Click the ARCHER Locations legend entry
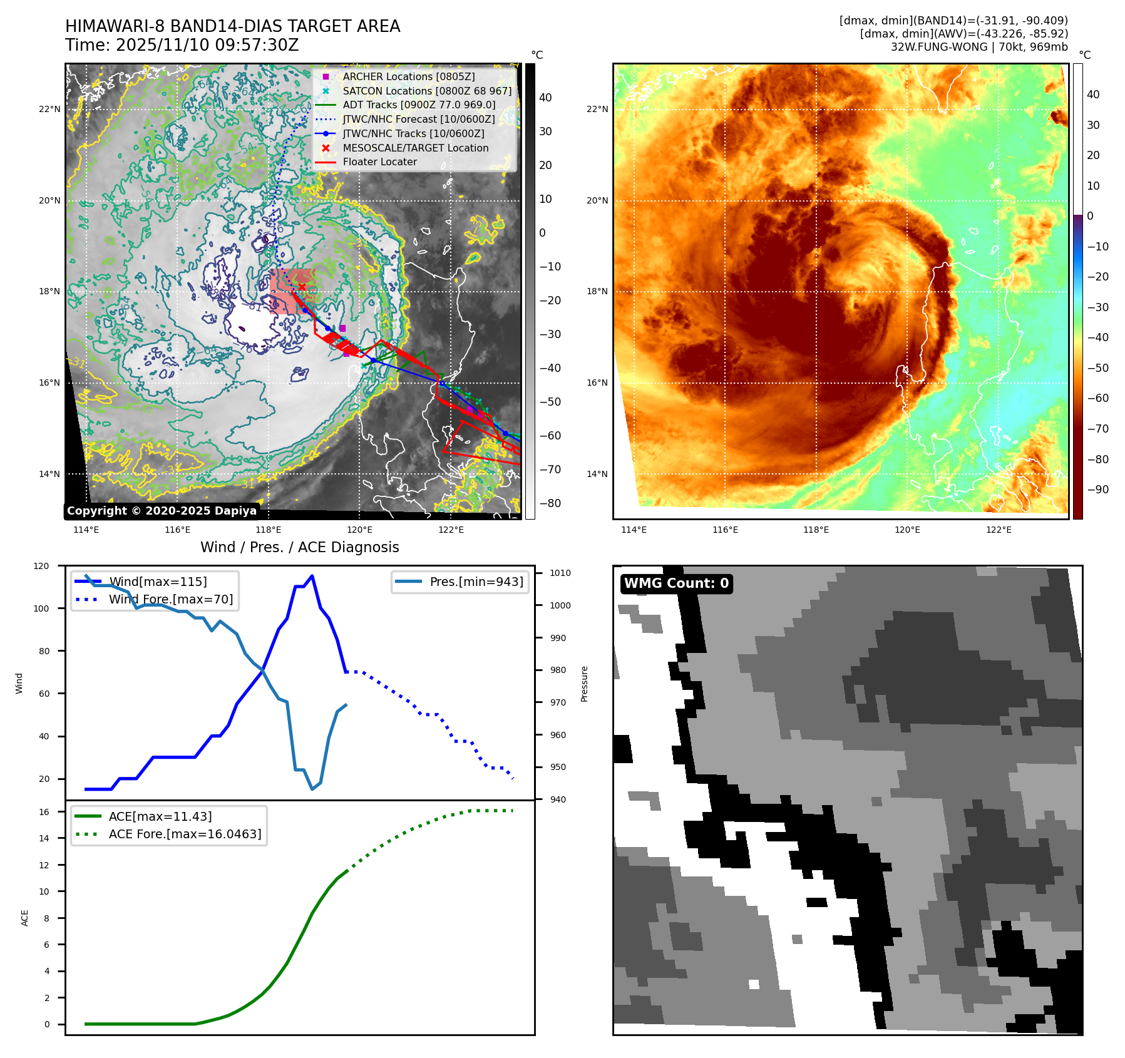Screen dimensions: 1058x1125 408,76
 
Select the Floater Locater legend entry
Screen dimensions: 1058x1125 379,162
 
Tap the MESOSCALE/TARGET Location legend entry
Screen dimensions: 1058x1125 415,148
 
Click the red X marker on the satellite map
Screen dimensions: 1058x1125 302,287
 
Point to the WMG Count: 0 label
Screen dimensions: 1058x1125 676,583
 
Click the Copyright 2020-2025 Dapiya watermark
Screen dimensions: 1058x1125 162,511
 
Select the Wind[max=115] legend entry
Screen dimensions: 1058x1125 158,582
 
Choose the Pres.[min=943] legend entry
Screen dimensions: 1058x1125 476,582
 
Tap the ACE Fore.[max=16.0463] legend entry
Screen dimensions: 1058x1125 185,834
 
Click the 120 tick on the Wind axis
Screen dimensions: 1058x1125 41,566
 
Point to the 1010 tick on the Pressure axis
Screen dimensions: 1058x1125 560,573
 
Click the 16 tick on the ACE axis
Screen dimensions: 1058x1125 44,812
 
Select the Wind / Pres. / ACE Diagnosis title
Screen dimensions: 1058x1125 299,547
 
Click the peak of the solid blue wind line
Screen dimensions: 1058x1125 312,576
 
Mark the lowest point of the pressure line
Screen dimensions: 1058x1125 312,789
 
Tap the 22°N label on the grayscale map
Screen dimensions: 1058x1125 49,109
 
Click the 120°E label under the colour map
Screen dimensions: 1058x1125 907,530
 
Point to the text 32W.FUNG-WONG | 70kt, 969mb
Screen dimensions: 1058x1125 979,47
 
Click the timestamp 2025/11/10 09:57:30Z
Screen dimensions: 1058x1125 207,45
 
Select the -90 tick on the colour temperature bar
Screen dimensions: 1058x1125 1097,490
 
